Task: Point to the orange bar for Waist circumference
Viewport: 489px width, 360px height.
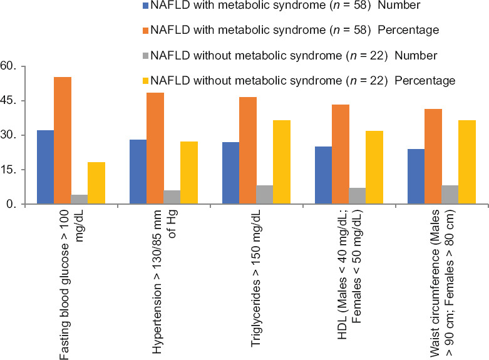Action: tap(433, 157)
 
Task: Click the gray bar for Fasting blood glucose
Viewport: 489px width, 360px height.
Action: tap(80, 200)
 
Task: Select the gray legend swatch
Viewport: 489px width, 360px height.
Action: tap(146, 55)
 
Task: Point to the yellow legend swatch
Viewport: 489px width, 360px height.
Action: tap(146, 80)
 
